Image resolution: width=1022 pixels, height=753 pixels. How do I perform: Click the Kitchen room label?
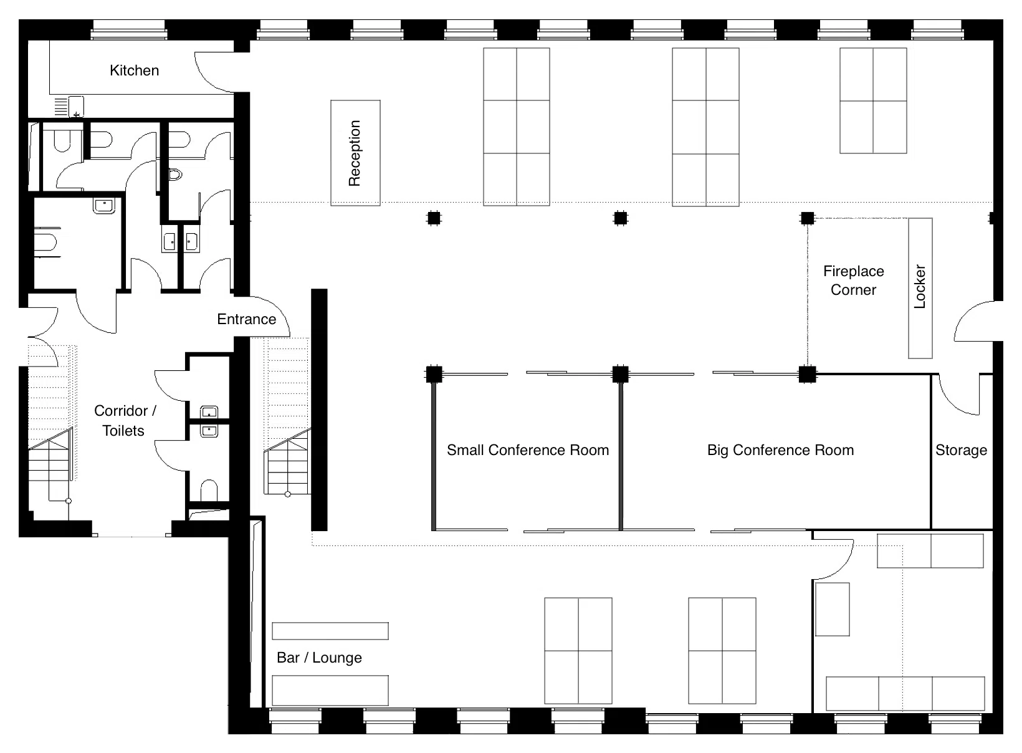(x=134, y=70)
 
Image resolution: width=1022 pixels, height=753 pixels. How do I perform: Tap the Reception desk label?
(x=355, y=153)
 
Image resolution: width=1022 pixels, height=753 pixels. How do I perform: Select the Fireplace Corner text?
(x=854, y=281)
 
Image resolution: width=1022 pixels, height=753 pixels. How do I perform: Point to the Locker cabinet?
(x=920, y=288)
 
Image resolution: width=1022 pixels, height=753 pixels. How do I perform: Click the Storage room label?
(x=962, y=450)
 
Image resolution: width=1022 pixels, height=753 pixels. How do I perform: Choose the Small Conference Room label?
(x=528, y=450)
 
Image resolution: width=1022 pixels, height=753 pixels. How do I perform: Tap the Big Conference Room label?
(x=781, y=450)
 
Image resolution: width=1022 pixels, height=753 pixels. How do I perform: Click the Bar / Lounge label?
(x=319, y=658)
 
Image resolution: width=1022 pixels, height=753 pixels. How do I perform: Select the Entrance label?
(x=246, y=319)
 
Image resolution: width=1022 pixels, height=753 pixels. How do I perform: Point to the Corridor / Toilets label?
(x=124, y=420)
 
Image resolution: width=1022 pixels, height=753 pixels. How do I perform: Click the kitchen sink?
(x=76, y=107)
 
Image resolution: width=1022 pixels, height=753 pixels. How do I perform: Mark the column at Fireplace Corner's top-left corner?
(x=807, y=218)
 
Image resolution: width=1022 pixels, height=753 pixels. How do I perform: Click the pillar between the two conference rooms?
(x=621, y=374)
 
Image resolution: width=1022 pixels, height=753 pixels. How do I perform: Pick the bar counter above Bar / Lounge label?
(x=330, y=631)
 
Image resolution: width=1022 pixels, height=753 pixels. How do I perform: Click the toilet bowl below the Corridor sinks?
(x=209, y=490)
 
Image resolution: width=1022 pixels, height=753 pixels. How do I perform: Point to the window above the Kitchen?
(x=128, y=30)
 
